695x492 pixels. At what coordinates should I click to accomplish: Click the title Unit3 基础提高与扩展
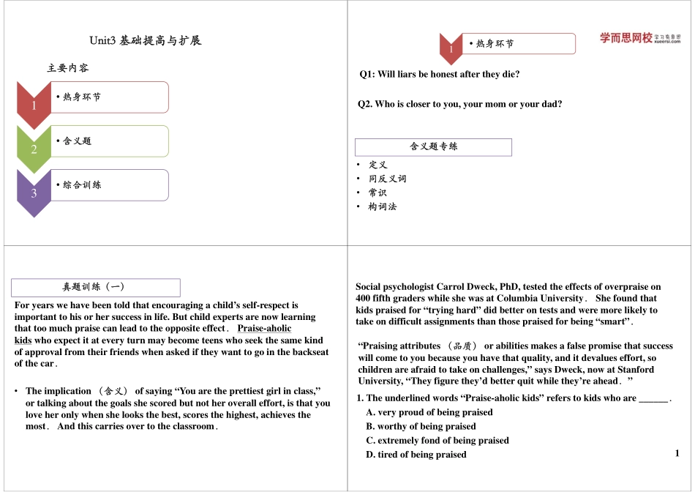[145, 40]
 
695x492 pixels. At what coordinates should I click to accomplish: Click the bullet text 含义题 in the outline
[77, 141]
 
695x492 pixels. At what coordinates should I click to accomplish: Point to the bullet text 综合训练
[82, 184]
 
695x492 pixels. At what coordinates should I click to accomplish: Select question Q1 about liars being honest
[439, 74]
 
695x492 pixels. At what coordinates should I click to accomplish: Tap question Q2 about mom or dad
[459, 104]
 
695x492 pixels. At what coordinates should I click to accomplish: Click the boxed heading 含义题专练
[433, 146]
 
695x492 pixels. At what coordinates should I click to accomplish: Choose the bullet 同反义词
[387, 179]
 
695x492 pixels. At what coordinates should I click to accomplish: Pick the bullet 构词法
[382, 207]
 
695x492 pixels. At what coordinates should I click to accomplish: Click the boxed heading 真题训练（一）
[97, 287]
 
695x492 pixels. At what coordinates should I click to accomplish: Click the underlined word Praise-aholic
[264, 329]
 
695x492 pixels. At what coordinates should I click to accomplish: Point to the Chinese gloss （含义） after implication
[113, 392]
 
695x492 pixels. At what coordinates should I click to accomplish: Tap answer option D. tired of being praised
[416, 455]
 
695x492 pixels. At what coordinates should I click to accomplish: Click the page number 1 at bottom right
[677, 453]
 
